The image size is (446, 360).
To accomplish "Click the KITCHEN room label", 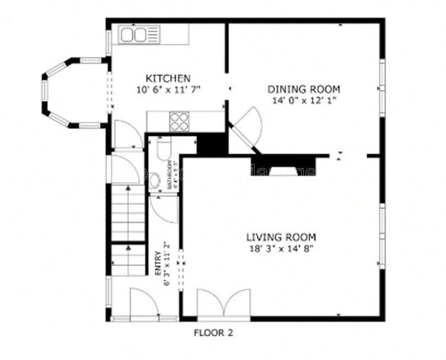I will click(x=168, y=78).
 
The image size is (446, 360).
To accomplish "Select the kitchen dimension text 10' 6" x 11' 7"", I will click(x=168, y=90).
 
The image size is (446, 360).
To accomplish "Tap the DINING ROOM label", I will click(x=303, y=89).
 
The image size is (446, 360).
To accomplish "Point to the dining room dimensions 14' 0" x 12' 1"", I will click(x=303, y=100).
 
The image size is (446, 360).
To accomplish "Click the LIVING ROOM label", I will click(x=281, y=237).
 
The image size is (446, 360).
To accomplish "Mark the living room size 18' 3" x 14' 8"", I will click(x=281, y=248).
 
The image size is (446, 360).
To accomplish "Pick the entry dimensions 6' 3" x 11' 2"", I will click(x=167, y=264).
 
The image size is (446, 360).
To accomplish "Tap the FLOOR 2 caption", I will click(x=213, y=333).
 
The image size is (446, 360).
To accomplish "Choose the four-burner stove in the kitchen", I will click(x=180, y=121).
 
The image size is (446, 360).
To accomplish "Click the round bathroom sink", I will click(x=155, y=180).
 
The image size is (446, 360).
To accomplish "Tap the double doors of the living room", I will click(x=223, y=304).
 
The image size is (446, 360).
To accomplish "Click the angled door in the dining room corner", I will click(x=246, y=128).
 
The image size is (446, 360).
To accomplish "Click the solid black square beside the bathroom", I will click(x=211, y=145).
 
